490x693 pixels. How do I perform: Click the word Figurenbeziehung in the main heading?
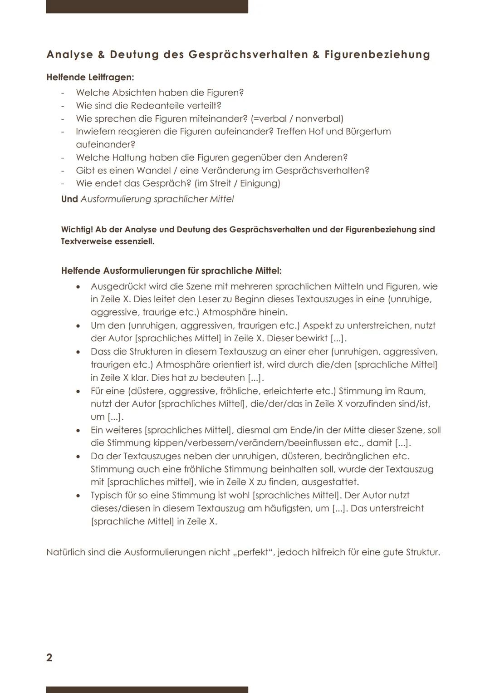coord(377,55)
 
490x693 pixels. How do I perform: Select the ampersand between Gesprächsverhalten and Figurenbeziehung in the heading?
coord(316,55)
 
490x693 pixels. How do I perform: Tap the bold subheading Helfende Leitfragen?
coord(90,77)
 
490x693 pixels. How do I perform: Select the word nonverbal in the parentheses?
coord(319,119)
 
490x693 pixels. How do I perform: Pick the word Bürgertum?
coord(368,132)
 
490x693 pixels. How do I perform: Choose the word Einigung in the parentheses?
coord(260,183)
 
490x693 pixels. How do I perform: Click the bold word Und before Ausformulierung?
coord(69,199)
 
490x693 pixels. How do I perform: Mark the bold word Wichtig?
coord(77,230)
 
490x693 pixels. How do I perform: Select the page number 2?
coord(49,658)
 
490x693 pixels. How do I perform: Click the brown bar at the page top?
coord(147,6)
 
